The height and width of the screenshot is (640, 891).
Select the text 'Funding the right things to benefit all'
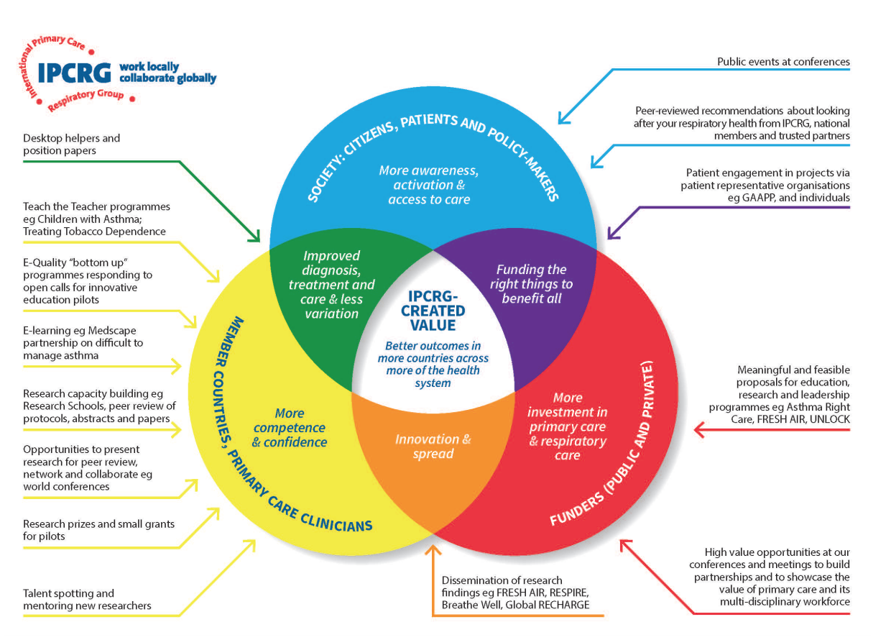[x=532, y=283]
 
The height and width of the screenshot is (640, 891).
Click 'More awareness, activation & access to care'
[x=429, y=185]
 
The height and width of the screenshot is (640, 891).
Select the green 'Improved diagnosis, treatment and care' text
[x=331, y=285]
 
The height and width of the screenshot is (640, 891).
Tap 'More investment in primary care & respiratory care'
[x=568, y=426]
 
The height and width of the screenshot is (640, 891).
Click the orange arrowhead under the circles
[x=433, y=552]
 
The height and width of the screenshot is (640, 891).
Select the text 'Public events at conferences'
[x=783, y=62]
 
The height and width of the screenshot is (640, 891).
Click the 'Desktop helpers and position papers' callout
[x=71, y=144]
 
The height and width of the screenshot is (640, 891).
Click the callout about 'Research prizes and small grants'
[x=98, y=530]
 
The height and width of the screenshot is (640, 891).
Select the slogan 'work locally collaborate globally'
[x=167, y=73]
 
